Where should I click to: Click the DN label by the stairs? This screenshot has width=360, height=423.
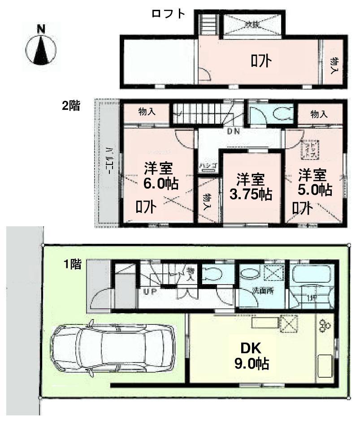coord(234,132)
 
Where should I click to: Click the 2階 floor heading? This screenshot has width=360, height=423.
coord(71,106)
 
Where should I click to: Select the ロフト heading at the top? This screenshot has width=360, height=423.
coord(168,14)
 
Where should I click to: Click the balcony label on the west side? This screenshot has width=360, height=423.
coord(108,164)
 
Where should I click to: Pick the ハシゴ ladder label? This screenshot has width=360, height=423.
coord(209,166)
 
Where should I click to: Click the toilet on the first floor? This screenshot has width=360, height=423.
coord(213,273)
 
